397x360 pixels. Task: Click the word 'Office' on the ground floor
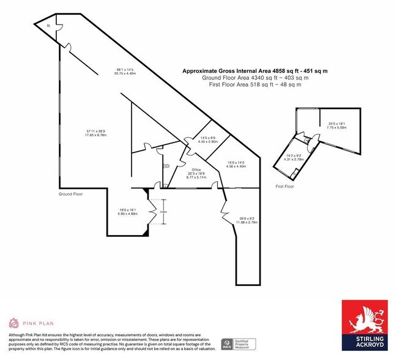tap(196, 169)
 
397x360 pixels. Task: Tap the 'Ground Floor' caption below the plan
tap(70, 194)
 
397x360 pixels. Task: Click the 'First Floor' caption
tap(284, 186)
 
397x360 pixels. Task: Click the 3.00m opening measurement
tap(163, 212)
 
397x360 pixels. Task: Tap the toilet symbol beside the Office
tap(166, 165)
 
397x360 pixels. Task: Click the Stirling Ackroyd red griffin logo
tap(362, 318)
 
